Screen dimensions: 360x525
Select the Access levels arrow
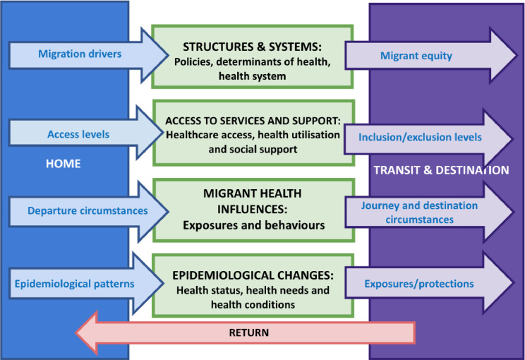click(79, 134)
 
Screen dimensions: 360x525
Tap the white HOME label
click(63, 164)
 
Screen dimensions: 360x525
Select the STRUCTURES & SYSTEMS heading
click(252, 47)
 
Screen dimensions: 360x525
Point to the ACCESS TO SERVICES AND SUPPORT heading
click(252, 119)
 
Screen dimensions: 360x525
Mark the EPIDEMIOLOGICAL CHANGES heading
click(252, 275)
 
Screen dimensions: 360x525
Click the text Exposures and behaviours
click(252, 227)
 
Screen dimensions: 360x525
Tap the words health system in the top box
click(252, 76)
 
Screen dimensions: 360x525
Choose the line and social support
click(252, 148)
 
